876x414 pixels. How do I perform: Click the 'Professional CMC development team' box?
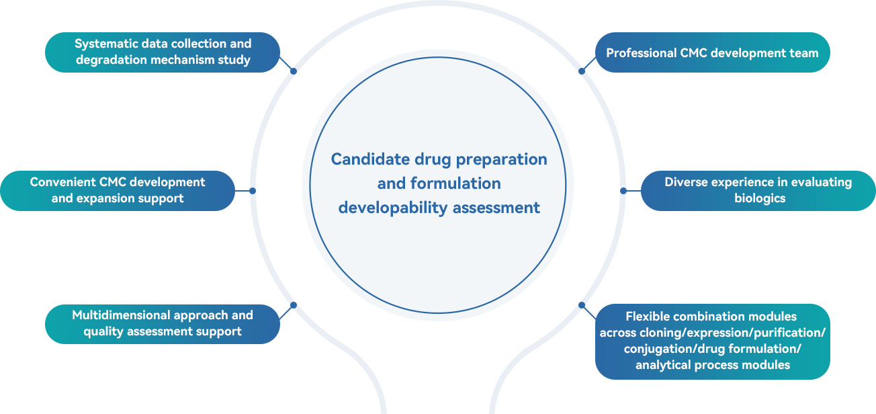click(712, 52)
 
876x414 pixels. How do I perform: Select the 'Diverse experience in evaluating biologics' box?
click(758, 190)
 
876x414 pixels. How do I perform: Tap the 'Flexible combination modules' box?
click(712, 341)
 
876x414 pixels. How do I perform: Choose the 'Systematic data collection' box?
click(163, 52)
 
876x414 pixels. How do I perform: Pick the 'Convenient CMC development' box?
click(118, 190)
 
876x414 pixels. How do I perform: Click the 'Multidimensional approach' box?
click(163, 323)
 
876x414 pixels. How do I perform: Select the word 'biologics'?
click(760, 198)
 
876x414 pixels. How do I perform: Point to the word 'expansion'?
click(105, 198)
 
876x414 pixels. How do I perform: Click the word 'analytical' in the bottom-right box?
click(662, 365)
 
